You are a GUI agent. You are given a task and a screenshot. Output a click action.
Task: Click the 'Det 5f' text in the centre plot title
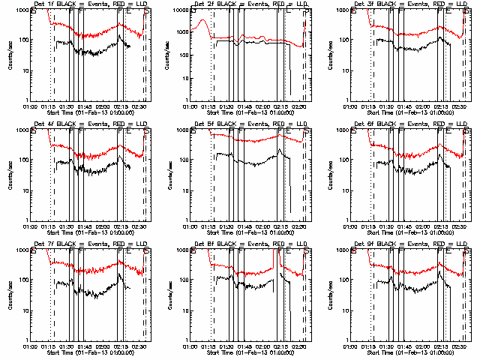click(207, 124)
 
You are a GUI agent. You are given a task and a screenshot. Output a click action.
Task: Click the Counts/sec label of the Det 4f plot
click(10, 175)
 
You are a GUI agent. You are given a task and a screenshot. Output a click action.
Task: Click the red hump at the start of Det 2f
click(201, 27)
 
